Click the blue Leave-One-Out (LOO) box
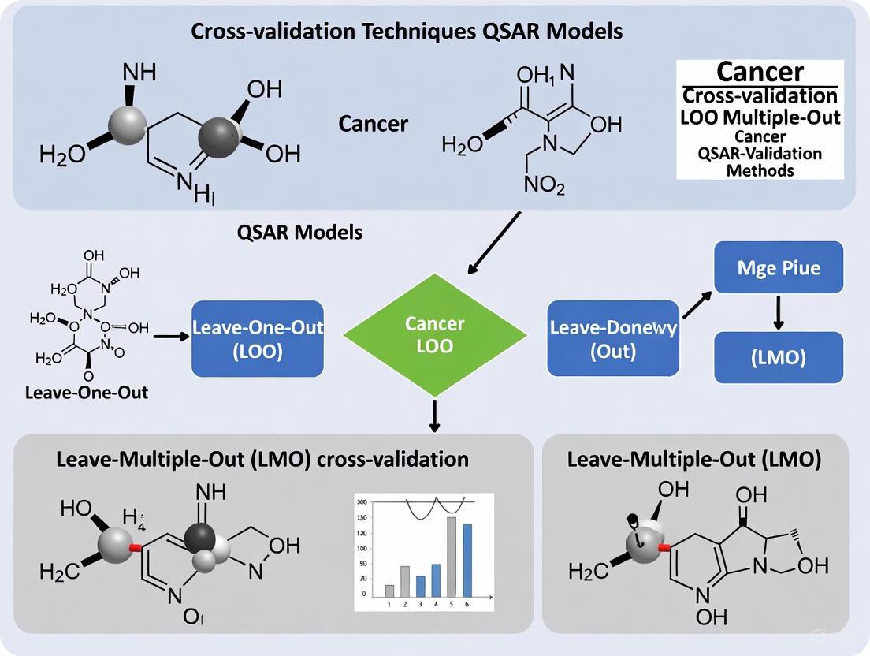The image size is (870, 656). [x=258, y=338]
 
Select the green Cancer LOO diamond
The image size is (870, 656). [x=434, y=334]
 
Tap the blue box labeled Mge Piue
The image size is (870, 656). [x=779, y=268]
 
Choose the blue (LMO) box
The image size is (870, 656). [x=779, y=357]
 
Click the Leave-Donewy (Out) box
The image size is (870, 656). [x=612, y=338]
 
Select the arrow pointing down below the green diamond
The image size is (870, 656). [x=434, y=415]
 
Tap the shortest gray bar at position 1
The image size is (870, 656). [x=389, y=591]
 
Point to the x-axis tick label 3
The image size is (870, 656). [x=420, y=605]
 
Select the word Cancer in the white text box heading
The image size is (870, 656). [x=760, y=72]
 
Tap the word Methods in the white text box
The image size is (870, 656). [x=760, y=170]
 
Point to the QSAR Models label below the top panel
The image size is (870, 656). [x=300, y=233]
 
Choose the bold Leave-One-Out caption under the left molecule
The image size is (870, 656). [x=87, y=392]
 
